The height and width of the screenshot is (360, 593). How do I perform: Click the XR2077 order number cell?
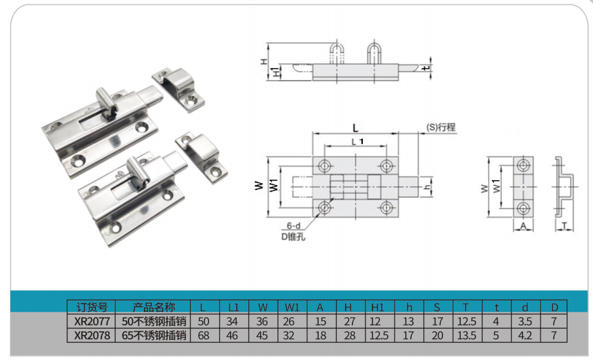point(92,321)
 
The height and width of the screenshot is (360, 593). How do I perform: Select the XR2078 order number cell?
point(92,336)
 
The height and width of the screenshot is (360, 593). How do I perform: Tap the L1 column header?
point(234,307)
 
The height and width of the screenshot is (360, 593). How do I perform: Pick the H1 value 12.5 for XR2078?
point(379,336)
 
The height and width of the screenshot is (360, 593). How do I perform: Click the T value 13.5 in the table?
point(467,336)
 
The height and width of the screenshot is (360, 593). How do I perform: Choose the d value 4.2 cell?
point(525,336)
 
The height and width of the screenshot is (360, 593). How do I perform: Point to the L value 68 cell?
point(204,336)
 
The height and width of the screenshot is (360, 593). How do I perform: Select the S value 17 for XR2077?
point(438,321)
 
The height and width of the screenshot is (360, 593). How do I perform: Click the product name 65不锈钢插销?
point(154,336)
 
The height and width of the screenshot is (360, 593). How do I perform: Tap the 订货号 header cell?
point(92,307)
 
